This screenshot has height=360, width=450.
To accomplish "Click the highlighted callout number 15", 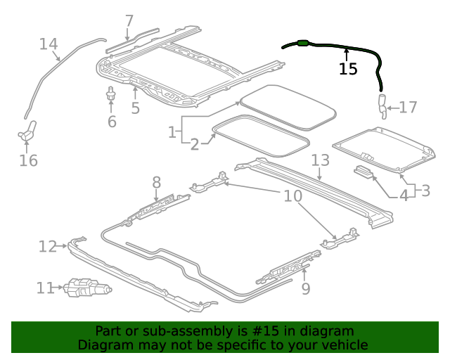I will click(347, 68).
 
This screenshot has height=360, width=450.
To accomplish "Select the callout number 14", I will click(49, 44).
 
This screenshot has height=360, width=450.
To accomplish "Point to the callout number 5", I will click(135, 108).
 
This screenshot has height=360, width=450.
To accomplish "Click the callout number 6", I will click(111, 122).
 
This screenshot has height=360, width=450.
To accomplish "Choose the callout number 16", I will click(28, 161).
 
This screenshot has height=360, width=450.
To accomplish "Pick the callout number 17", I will click(408, 108).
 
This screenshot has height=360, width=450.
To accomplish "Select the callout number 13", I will click(320, 160).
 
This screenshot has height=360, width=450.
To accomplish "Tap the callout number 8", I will click(156, 184).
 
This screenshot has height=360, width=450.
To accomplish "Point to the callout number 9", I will click(305, 288).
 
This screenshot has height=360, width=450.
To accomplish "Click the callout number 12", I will click(48, 246).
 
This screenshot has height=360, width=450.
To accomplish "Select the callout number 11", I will click(45, 288).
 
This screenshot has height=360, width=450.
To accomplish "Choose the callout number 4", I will click(404, 195).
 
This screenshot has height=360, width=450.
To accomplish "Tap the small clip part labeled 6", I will click(110, 94).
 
